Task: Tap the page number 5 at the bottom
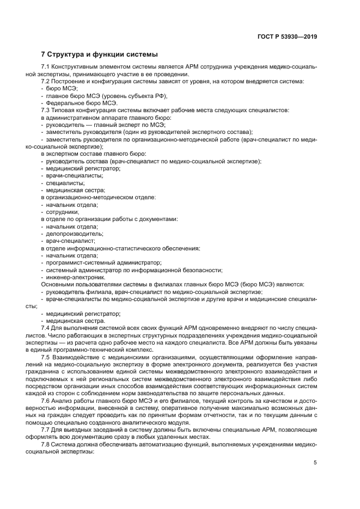[315, 463]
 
